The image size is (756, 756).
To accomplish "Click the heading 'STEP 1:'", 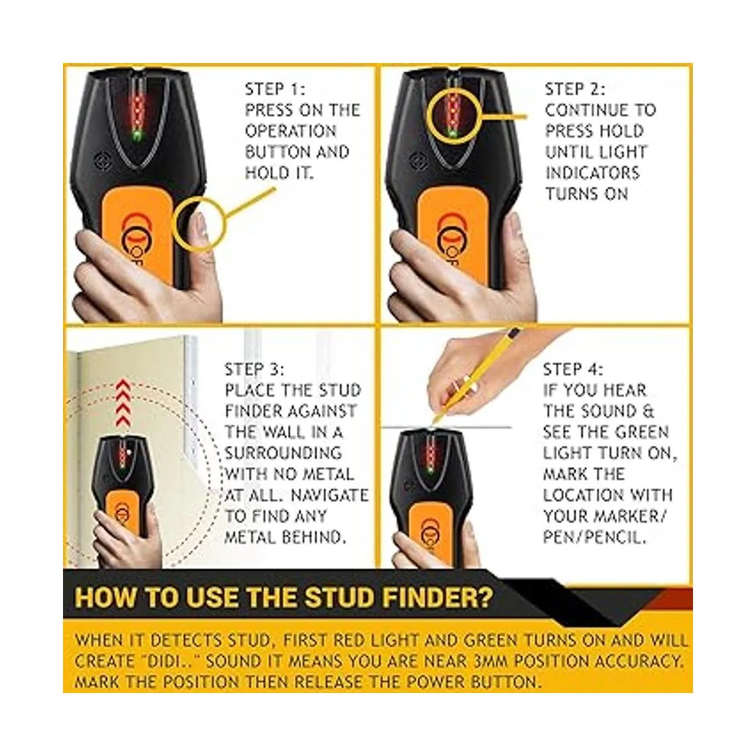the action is pos(275,89).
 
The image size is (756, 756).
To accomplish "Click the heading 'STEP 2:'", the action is pos(575,89).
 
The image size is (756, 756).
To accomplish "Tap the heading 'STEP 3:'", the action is pos(255,370).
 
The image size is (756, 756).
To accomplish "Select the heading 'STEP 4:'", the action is pos(573,370).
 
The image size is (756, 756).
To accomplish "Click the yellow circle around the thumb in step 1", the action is pos(174,224).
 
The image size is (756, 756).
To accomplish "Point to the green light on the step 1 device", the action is pos(138,135).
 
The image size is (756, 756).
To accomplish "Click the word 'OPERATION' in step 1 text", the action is pos(290,131).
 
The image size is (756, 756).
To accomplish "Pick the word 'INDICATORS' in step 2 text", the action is pos(592,173).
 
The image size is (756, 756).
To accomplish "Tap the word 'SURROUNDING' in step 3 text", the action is pos(283,454).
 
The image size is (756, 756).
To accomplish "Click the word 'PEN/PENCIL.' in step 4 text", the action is pos(594,537).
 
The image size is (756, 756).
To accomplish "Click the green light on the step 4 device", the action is pos(431,469).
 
